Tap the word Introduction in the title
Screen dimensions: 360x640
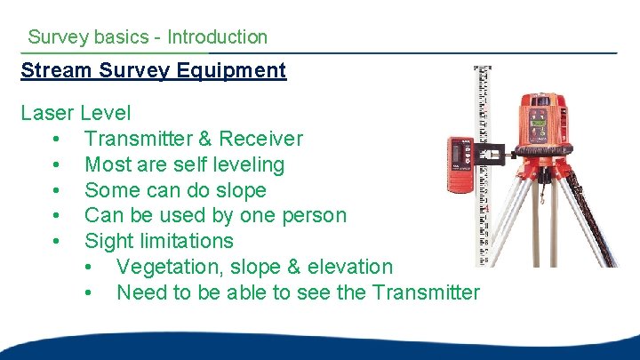pos(217,37)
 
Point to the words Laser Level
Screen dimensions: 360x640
pos(76,114)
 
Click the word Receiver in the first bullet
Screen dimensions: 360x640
pos(261,140)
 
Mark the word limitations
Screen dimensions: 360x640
pos(185,241)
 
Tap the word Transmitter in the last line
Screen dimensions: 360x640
pos(427,292)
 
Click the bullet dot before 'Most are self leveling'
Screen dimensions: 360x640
pos(56,165)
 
